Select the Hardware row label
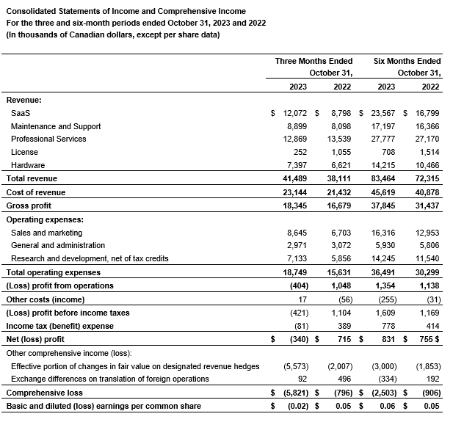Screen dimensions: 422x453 (x=28, y=165)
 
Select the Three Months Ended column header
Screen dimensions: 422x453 (x=314, y=61)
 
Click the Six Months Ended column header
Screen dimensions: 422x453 (x=407, y=61)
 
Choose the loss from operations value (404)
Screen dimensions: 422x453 (x=297, y=285)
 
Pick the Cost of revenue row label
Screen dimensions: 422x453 (x=35, y=192)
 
